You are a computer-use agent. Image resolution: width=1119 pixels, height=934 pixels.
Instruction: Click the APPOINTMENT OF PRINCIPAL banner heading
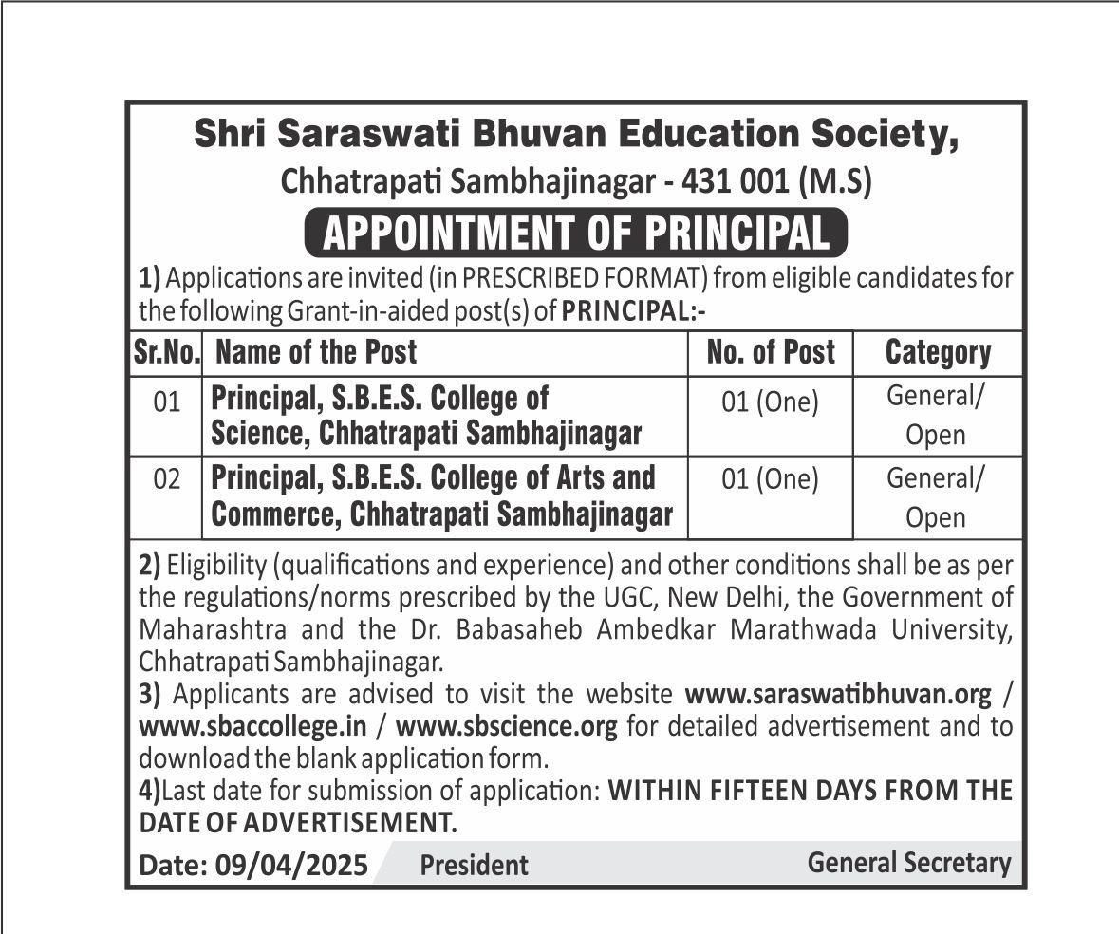tap(575, 233)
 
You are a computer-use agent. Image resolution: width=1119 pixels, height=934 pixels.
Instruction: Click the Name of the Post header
tap(316, 353)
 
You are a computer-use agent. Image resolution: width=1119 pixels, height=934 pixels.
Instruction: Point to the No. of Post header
tap(771, 353)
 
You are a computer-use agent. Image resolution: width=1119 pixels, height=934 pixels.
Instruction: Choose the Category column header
tap(938, 353)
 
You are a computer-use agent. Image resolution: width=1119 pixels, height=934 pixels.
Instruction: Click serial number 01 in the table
tap(166, 403)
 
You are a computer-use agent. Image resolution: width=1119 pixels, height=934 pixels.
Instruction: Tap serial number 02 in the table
tap(166, 480)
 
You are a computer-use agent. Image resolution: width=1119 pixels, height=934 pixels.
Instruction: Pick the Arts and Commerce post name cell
tap(441, 496)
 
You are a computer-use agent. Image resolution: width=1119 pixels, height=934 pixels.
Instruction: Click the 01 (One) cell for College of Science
tap(770, 403)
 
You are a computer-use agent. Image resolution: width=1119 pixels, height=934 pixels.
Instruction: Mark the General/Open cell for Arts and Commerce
tap(936, 497)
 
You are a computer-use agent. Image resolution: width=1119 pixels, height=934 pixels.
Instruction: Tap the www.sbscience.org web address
tap(507, 727)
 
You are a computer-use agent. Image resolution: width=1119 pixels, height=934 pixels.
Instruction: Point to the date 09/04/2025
tap(291, 866)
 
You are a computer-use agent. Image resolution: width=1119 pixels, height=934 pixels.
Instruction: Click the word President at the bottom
tap(474, 866)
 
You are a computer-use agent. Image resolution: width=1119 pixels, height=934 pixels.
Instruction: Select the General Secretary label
tap(909, 863)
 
